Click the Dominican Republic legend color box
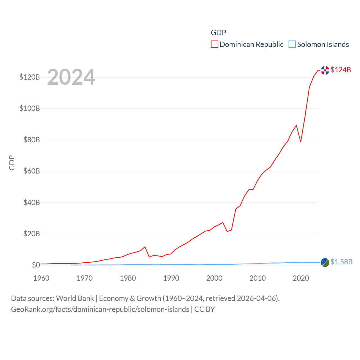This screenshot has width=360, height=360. pyautogui.click(x=215, y=44)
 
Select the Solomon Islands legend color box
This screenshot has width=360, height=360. pyautogui.click(x=292, y=44)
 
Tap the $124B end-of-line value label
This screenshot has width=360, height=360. pyautogui.click(x=341, y=70)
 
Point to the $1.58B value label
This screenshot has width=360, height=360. pyautogui.click(x=341, y=262)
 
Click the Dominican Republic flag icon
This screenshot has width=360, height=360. pyautogui.click(x=325, y=70)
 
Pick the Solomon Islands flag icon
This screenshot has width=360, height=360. pyautogui.click(x=325, y=262)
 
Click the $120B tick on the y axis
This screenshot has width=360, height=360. pyautogui.click(x=30, y=77)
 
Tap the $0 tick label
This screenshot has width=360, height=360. pyautogui.click(x=36, y=265)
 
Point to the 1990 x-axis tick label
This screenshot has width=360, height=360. pyautogui.click(x=171, y=278)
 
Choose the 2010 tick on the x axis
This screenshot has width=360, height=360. pyautogui.click(x=258, y=278)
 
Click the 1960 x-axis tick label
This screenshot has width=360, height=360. pyautogui.click(x=41, y=278)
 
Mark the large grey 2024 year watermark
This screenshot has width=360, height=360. pyautogui.click(x=71, y=77)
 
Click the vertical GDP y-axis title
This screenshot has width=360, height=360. pyautogui.click(x=12, y=163)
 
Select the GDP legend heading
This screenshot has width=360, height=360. pyautogui.click(x=219, y=33)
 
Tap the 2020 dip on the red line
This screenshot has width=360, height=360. pyautogui.click(x=301, y=141)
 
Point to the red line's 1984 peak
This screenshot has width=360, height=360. pyautogui.click(x=145, y=247)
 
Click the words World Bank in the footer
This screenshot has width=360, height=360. pyautogui.click(x=75, y=298)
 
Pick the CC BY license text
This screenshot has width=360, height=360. pyautogui.click(x=204, y=309)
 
